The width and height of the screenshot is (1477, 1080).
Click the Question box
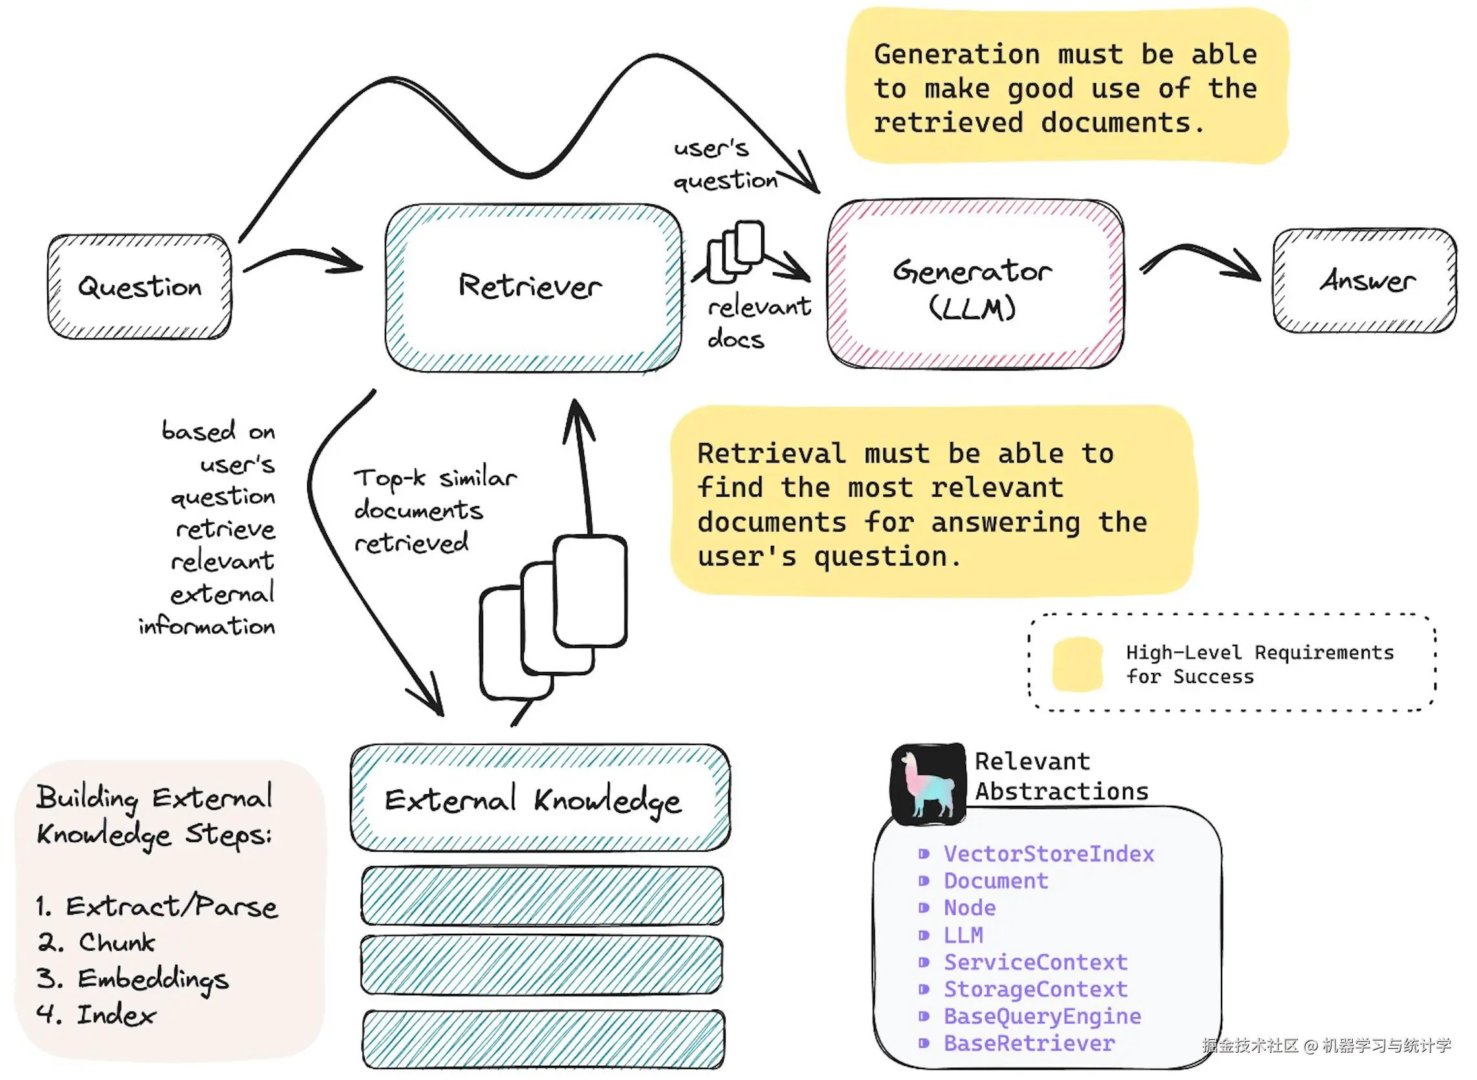(139, 287)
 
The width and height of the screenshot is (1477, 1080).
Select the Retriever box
(533, 288)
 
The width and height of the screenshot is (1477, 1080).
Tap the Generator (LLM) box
(975, 285)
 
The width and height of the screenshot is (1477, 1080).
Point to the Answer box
(1364, 281)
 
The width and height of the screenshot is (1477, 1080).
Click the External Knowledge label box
(540, 798)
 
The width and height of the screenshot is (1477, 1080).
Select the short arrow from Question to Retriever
(302, 260)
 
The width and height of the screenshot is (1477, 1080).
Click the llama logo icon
(929, 784)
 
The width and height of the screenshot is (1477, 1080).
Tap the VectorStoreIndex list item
(1048, 854)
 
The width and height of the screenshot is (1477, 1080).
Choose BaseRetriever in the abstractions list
(1029, 1043)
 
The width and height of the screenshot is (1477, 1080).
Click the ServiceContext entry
(1035, 962)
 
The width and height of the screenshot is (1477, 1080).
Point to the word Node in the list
(969, 908)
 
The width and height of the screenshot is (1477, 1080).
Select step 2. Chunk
(97, 942)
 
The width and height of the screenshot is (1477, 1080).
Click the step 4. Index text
(97, 1015)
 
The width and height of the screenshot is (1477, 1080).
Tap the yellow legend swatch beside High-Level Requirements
(1077, 664)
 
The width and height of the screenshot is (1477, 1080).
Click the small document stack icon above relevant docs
(737, 252)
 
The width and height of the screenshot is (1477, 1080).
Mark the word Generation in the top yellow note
(956, 54)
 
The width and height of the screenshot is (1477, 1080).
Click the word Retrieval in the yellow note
(771, 454)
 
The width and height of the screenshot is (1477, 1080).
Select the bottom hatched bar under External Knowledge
(543, 1039)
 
